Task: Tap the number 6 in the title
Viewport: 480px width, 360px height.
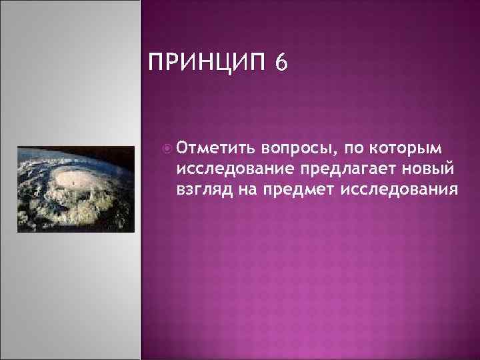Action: pos(281,64)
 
